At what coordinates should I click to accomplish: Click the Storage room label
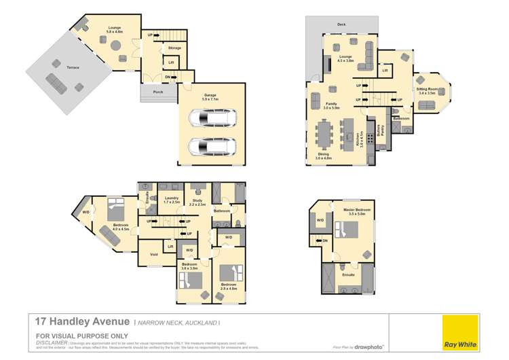click(x=174, y=48)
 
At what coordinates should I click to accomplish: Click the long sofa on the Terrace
click(x=54, y=84)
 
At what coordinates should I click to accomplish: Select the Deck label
click(x=341, y=24)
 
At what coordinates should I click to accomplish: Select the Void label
click(x=153, y=255)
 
